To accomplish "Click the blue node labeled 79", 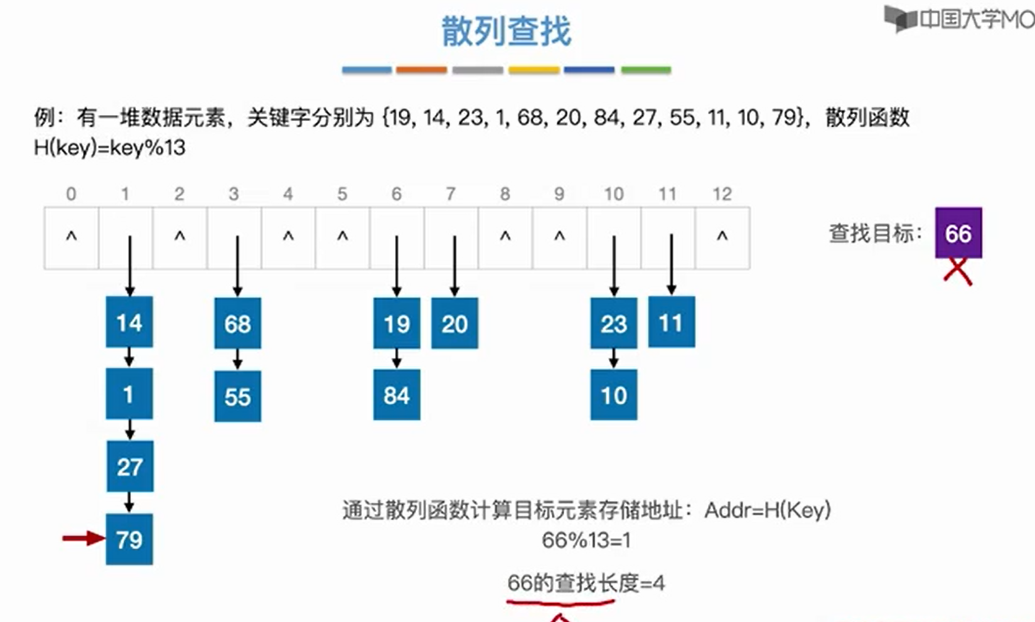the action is pyautogui.click(x=129, y=539).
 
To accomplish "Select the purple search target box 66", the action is pyautogui.click(x=958, y=233).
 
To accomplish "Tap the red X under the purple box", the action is pyautogui.click(x=958, y=272).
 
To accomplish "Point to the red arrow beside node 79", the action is pyautogui.click(x=83, y=538).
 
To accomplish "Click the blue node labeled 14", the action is pyautogui.click(x=129, y=322).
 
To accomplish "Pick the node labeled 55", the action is pyautogui.click(x=237, y=396).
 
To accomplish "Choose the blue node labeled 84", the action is pyautogui.click(x=397, y=395).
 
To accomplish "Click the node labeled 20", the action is pyautogui.click(x=454, y=323).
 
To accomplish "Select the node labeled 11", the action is pyautogui.click(x=671, y=322).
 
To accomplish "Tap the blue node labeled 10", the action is pyautogui.click(x=613, y=395).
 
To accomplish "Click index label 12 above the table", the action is pyautogui.click(x=722, y=194).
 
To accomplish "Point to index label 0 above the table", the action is pyautogui.click(x=71, y=194).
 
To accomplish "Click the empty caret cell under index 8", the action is pyautogui.click(x=505, y=238).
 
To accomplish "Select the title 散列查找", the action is pyautogui.click(x=506, y=31).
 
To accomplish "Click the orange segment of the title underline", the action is pyautogui.click(x=421, y=70).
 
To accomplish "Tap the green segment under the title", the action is pyautogui.click(x=646, y=70).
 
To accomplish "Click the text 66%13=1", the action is pyautogui.click(x=586, y=540).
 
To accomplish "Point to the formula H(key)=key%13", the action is pyautogui.click(x=110, y=147).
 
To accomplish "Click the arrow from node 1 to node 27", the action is pyautogui.click(x=129, y=429).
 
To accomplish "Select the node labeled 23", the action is pyautogui.click(x=613, y=323).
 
